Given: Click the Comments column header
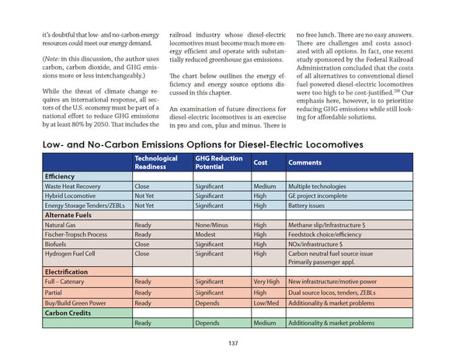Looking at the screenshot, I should pyautogui.click(x=304, y=162).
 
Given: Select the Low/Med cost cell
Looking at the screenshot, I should pyautogui.click(x=266, y=302).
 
